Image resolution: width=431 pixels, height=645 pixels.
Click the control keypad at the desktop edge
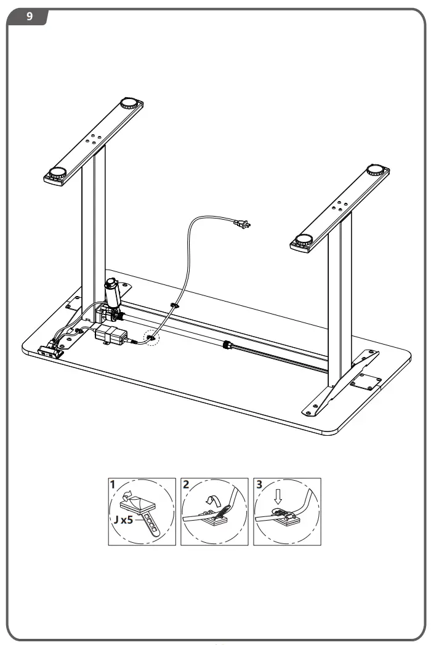click(x=50, y=353)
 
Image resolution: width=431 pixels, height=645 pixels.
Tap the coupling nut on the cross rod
click(x=226, y=347)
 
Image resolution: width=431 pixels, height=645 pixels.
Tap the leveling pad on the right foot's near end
click(x=304, y=240)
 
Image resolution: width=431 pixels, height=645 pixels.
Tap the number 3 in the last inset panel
click(x=259, y=484)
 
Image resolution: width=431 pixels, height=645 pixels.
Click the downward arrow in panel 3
click(x=278, y=494)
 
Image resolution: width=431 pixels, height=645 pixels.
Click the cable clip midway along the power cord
click(x=174, y=305)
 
